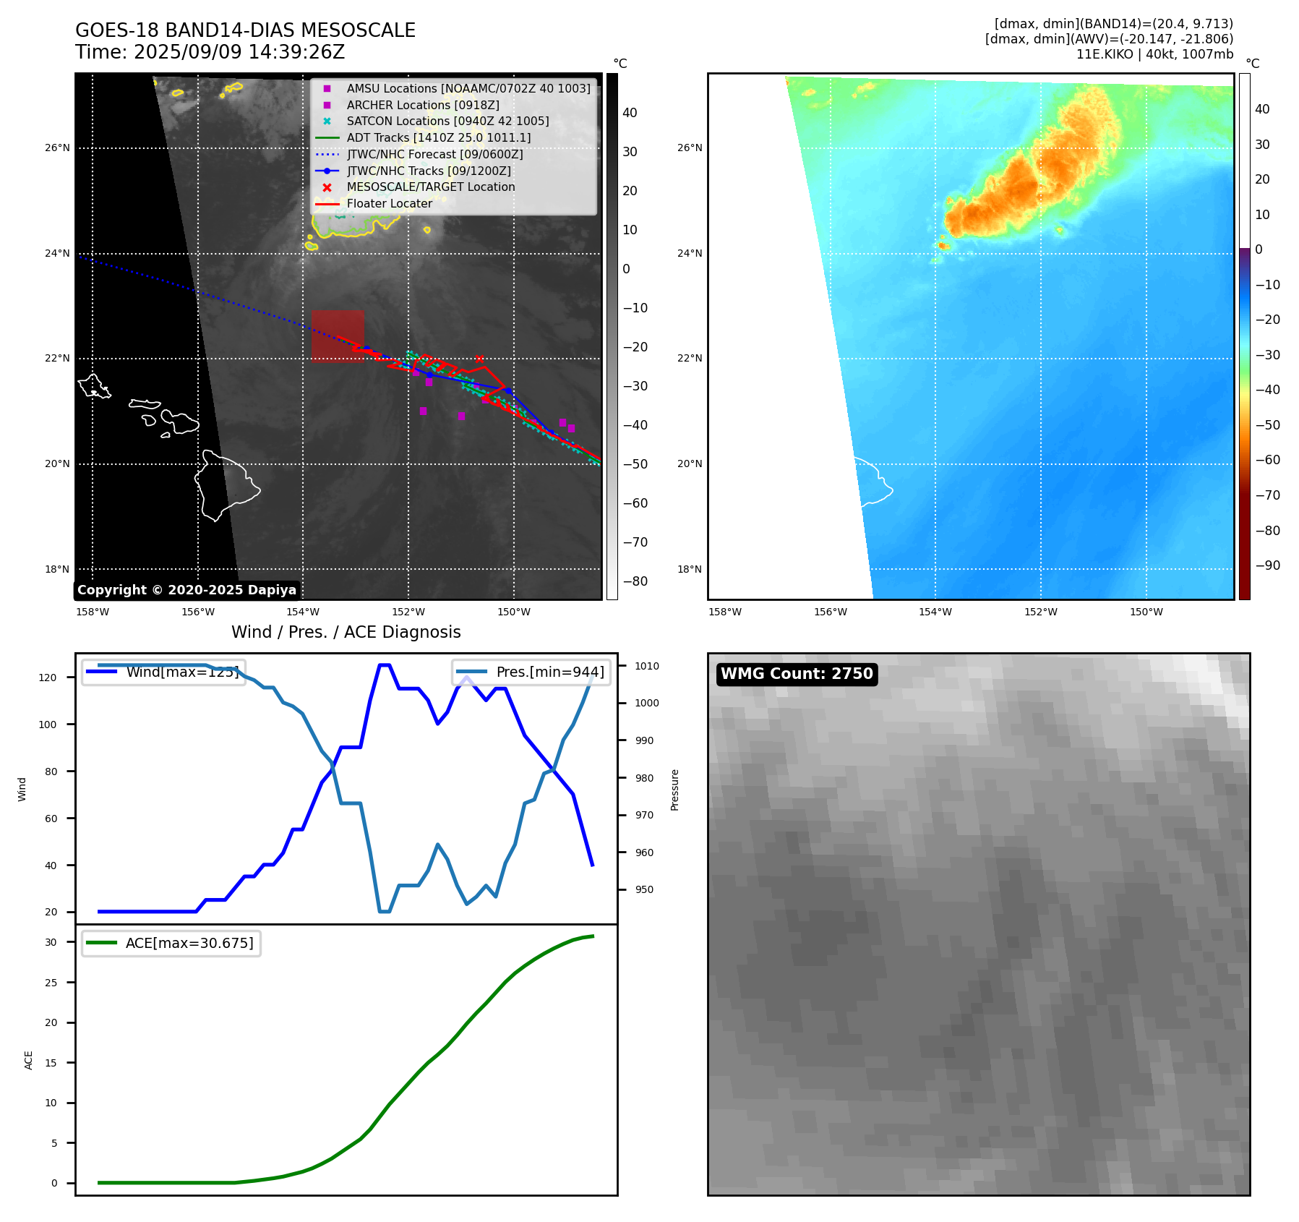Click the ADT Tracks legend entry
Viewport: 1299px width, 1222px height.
[x=438, y=137]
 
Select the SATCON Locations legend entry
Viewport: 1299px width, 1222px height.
[x=447, y=121]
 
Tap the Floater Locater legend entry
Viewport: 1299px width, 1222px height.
[x=389, y=203]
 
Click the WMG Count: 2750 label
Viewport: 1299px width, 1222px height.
[x=797, y=674]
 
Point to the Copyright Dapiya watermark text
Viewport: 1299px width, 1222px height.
[x=187, y=590]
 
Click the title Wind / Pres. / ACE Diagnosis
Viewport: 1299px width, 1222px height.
[x=346, y=632]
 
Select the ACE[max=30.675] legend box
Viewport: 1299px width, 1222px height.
[x=171, y=943]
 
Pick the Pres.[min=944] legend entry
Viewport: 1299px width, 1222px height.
[x=532, y=672]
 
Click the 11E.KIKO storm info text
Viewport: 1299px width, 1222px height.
[x=1154, y=54]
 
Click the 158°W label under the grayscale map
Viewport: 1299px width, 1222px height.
[x=93, y=612]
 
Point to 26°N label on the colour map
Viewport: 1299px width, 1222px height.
[x=689, y=148]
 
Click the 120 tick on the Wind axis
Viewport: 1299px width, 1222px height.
[x=48, y=678]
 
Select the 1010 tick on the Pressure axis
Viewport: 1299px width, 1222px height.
[x=647, y=666]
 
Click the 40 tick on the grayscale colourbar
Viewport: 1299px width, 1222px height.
[x=630, y=113]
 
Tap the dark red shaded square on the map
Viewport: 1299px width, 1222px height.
[x=338, y=336]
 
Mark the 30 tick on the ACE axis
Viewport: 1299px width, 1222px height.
[x=51, y=942]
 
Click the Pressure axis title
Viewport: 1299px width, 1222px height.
[x=674, y=790]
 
